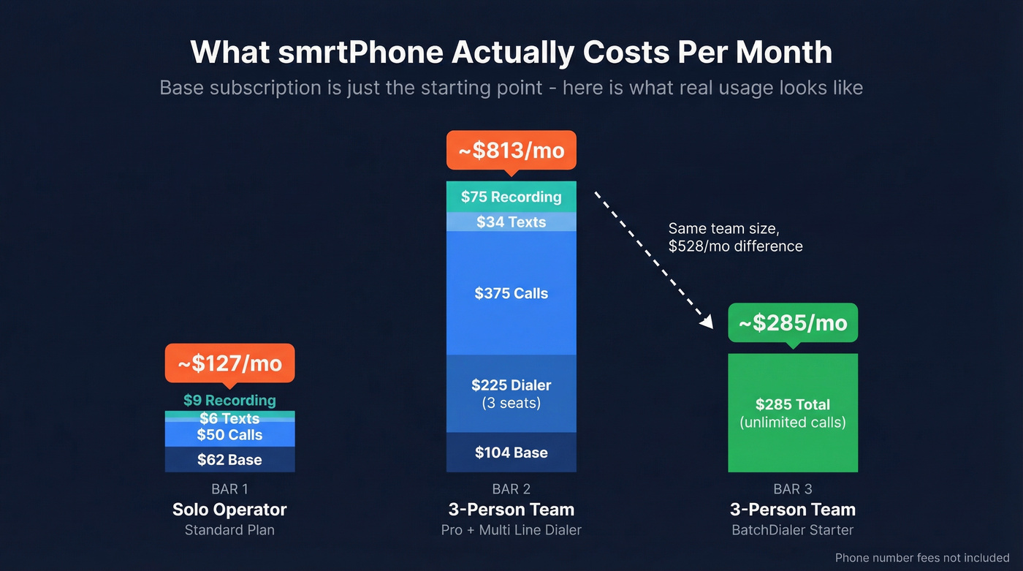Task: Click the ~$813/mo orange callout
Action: click(x=511, y=151)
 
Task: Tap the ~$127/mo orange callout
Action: click(x=229, y=363)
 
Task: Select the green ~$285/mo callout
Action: click(x=793, y=323)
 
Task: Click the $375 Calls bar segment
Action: click(x=511, y=293)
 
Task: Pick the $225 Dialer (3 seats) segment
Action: click(x=511, y=393)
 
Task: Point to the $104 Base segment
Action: click(x=511, y=453)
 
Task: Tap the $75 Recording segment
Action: click(x=511, y=197)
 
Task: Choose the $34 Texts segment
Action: click(x=511, y=222)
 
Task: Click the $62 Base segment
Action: click(x=229, y=460)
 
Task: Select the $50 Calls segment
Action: click(x=229, y=435)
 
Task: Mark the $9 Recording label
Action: click(x=229, y=401)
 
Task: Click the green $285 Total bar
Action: click(x=793, y=413)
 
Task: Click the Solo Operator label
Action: click(x=229, y=510)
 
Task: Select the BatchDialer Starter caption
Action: click(x=793, y=530)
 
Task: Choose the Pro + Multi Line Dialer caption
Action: click(x=511, y=530)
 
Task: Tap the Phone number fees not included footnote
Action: click(x=921, y=558)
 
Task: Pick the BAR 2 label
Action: click(x=511, y=489)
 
